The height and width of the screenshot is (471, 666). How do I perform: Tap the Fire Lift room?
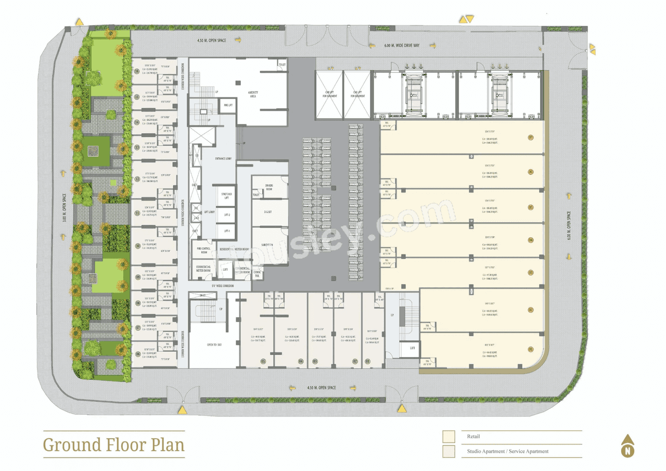tap(228, 105)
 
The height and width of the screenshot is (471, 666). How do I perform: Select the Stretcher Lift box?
tap(226, 196)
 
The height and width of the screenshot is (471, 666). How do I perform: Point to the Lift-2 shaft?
tap(226, 214)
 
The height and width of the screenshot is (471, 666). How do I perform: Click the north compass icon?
tap(627, 447)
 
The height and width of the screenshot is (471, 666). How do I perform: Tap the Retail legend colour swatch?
tap(449, 437)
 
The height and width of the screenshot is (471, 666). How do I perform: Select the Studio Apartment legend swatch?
tap(449, 451)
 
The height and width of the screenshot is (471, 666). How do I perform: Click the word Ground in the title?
tap(65, 445)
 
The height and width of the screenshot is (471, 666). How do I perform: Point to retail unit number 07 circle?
tap(531, 138)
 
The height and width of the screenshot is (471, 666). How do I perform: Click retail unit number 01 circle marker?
tap(531, 349)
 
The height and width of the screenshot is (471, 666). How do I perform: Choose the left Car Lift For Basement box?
tap(329, 94)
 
